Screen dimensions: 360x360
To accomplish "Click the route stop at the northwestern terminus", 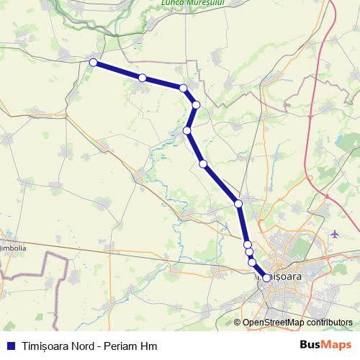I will click(93, 63).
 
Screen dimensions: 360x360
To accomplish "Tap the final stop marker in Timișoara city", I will click(266, 278).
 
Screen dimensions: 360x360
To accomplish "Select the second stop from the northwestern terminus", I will click(143, 78).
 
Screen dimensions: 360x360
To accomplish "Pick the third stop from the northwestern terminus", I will click(184, 88).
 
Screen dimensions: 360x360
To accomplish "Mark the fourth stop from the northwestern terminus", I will click(196, 105).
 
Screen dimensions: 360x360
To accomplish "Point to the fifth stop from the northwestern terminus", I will click(187, 130).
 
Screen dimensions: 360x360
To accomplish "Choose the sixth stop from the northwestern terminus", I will click(203, 163).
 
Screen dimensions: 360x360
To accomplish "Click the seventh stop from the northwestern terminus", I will click(238, 204).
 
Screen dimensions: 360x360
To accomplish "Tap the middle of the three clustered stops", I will click(250, 252).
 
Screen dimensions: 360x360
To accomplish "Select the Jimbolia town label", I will click(14, 248).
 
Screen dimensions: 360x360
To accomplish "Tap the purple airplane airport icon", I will click(336, 234).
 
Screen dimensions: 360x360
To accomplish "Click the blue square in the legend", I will click(11, 346).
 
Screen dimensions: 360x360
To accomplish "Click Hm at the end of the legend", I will click(150, 346).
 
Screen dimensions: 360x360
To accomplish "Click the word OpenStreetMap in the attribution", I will click(272, 323).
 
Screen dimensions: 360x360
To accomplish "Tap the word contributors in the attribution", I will click(328, 323).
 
